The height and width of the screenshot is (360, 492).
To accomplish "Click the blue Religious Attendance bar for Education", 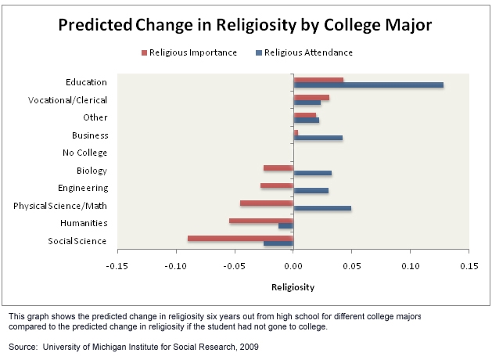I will (x=368, y=85).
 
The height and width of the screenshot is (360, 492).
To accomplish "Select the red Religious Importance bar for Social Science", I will (x=240, y=238).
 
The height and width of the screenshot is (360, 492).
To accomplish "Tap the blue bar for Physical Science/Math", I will (x=322, y=208).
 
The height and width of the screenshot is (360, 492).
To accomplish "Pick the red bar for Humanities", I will (x=261, y=221).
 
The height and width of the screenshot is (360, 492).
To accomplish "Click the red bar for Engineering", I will (x=277, y=185).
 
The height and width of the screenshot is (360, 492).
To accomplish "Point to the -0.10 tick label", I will (x=176, y=265).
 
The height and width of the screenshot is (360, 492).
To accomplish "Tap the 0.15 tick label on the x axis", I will (x=469, y=265).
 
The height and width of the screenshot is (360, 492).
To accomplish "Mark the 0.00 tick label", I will (x=293, y=265).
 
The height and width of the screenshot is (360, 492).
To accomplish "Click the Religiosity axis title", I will (x=293, y=287).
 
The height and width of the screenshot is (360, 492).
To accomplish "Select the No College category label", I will (x=84, y=153).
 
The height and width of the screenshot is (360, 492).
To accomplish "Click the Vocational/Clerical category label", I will (x=67, y=100).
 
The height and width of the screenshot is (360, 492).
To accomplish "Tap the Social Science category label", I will (x=77, y=241).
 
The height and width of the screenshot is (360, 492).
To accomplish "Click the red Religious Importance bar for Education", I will (x=318, y=79).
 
